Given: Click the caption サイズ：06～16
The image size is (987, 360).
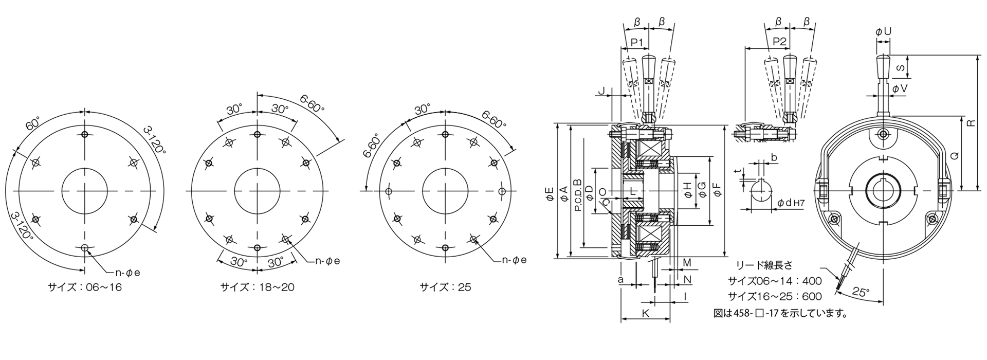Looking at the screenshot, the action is pos(85,287).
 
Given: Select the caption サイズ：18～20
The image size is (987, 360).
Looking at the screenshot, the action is pos(258,287).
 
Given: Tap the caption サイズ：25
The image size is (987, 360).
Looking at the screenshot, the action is pos(445,287).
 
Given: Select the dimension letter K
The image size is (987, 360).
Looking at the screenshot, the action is pos(646,313).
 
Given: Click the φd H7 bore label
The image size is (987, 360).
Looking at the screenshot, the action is pos(791,203).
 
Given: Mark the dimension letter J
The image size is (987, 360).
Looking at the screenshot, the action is pos(602,92).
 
